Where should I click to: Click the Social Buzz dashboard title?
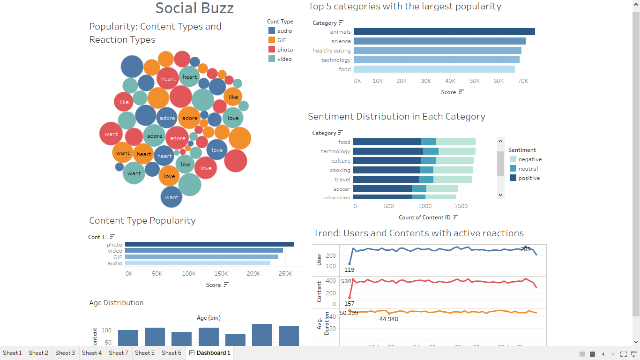[x=194, y=8]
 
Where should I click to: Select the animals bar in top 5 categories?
[x=444, y=32]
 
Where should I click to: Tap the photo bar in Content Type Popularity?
[x=209, y=244]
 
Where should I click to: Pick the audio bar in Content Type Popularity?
[x=197, y=263]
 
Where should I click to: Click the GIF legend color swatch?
[x=272, y=40]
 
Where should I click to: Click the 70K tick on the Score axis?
[x=522, y=81]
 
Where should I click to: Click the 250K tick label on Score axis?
[x=285, y=274]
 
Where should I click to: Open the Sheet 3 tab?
[x=65, y=353]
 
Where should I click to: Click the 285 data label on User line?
[x=526, y=249]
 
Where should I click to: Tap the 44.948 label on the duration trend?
[x=388, y=319]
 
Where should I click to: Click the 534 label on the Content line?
[x=346, y=281]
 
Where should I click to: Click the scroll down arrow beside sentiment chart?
[x=500, y=195]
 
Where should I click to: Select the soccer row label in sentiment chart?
[x=342, y=189]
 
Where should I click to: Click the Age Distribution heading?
[x=116, y=303]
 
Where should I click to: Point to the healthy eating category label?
[x=331, y=51]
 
